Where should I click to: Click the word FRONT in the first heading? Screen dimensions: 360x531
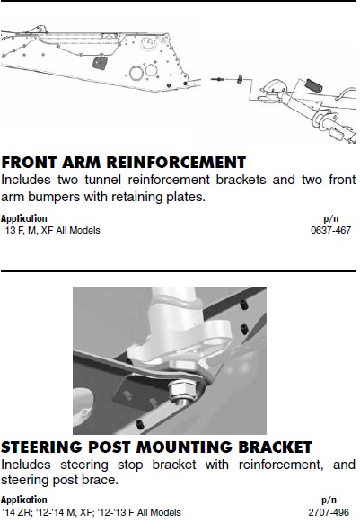pyautogui.click(x=29, y=163)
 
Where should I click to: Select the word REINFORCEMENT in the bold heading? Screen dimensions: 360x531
pyautogui.click(x=176, y=163)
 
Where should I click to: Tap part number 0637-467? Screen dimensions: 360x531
pyautogui.click(x=330, y=230)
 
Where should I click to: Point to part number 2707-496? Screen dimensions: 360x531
pyautogui.click(x=329, y=512)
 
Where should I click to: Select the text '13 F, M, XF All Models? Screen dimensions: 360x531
pyautogui.click(x=51, y=230)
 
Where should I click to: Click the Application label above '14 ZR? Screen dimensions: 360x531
pyautogui.click(x=24, y=500)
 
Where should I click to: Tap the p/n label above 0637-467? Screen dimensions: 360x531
pyautogui.click(x=330, y=218)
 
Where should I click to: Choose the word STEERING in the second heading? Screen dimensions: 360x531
pyautogui.click(x=41, y=447)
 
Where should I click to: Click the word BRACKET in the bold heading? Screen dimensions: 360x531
pyautogui.click(x=275, y=447)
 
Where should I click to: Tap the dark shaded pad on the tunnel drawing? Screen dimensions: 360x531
pyautogui.click(x=100, y=62)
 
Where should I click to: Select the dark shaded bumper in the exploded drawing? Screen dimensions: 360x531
pyautogui.click(x=313, y=85)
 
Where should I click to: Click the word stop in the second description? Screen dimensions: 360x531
pyautogui.click(x=130, y=465)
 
